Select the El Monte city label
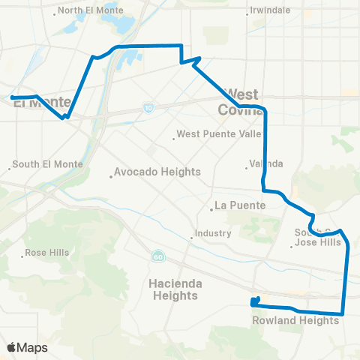pyautogui.click(x=41, y=103)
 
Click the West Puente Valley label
pyautogui.click(x=218, y=136)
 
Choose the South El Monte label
pyautogui.click(x=44, y=165)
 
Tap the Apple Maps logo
pyautogui.click(x=27, y=348)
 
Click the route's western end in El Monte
pyautogui.click(x=13, y=97)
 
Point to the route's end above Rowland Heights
pyautogui.click(x=253, y=303)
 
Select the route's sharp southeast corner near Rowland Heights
pyautogui.click(x=343, y=313)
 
